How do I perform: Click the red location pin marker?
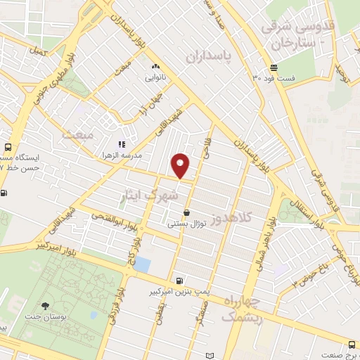pyautogui.click(x=181, y=166)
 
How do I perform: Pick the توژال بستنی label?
pyautogui.click(x=186, y=224)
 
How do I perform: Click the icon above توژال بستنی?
pyautogui.click(x=186, y=213)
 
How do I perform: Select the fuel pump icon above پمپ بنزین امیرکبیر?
pyautogui.click(x=180, y=280)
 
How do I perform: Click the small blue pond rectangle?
pyautogui.click(x=142, y=264)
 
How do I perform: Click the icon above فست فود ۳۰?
pyautogui.click(x=273, y=67)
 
